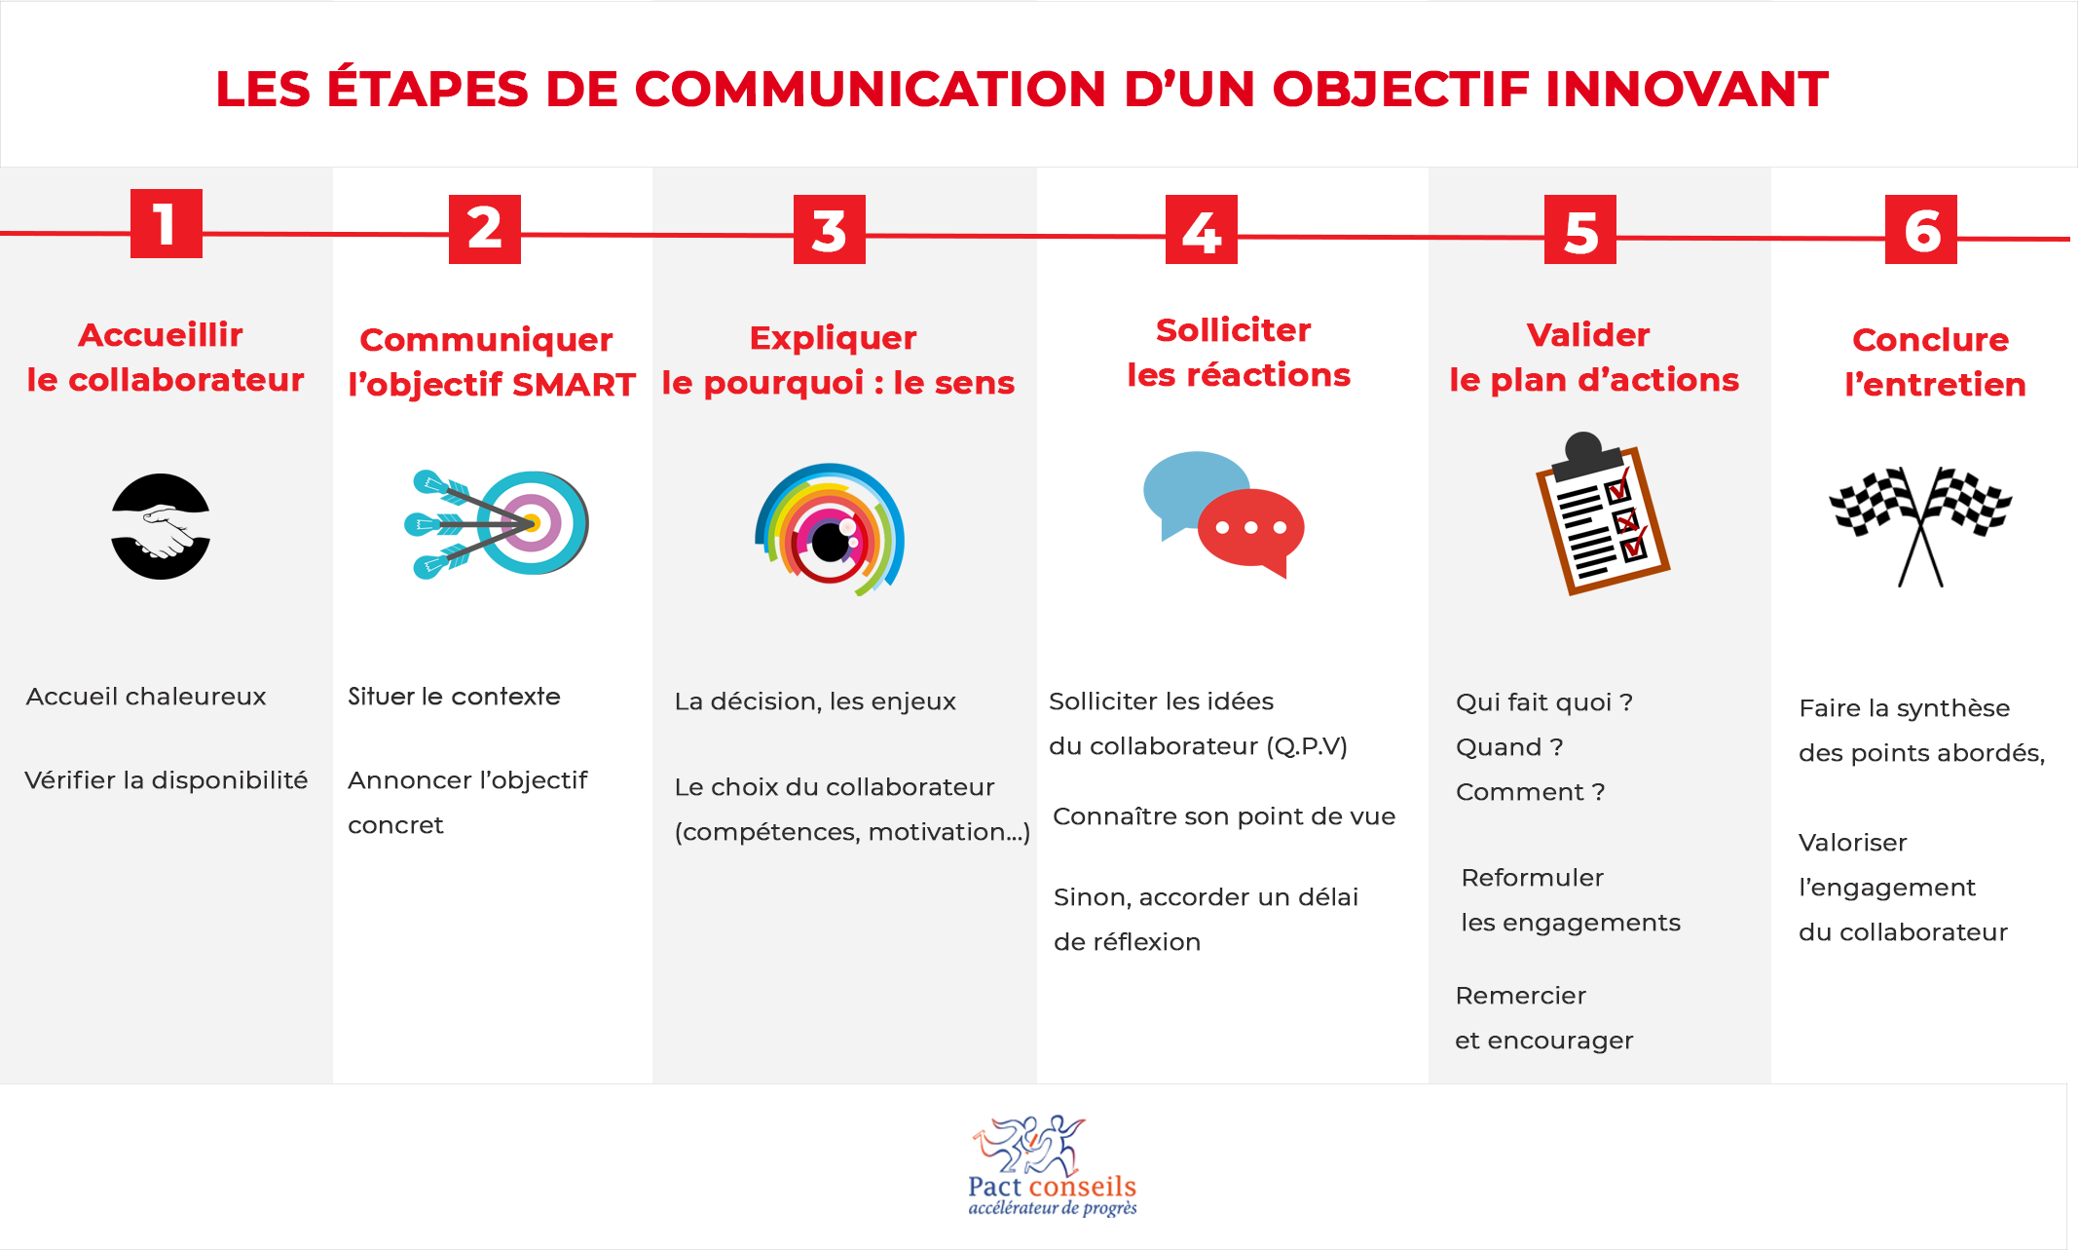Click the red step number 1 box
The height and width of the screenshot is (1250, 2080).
167,223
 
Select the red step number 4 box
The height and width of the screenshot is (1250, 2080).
1202,229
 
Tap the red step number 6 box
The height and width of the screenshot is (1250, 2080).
1921,229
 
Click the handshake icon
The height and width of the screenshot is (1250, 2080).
161,526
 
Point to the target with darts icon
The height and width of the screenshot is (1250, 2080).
497,524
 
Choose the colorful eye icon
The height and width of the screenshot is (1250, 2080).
830,530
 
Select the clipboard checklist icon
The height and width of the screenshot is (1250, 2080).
1602,513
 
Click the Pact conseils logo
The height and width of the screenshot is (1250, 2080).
1053,1166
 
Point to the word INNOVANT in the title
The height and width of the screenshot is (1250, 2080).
1687,90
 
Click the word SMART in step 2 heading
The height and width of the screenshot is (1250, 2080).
574,385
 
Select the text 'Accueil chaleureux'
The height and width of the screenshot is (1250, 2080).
146,697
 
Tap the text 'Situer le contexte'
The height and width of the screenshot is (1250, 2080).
454,697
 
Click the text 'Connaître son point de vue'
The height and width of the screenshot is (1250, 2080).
1224,816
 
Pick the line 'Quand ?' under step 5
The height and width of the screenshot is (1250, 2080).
1509,747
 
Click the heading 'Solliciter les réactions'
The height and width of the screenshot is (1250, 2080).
1238,353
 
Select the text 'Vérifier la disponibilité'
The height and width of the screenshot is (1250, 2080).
167,780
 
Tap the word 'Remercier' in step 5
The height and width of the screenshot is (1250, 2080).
1520,996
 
